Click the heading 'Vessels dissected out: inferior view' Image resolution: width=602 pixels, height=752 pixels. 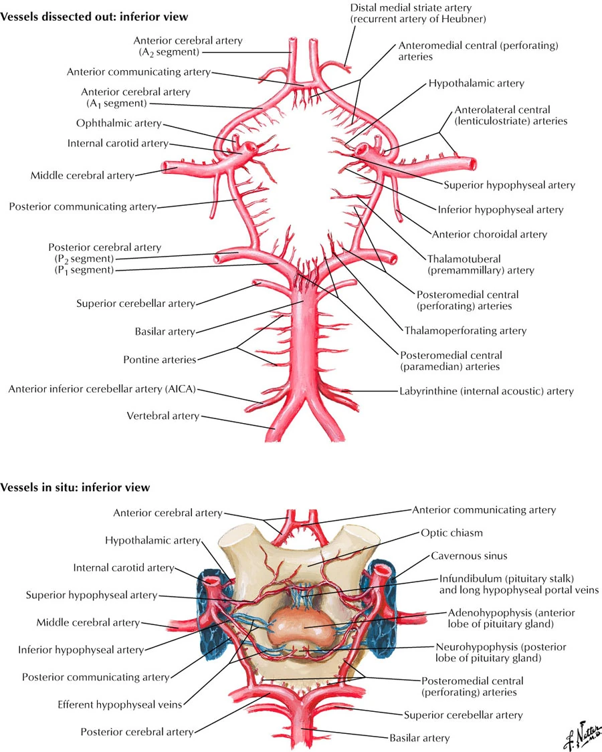[x=94, y=15]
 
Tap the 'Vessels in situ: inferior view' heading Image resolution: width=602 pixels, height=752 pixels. [x=76, y=487]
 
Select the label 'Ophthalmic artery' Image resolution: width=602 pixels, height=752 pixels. [x=118, y=123]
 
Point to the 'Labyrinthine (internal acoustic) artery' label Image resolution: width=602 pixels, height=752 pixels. [x=486, y=391]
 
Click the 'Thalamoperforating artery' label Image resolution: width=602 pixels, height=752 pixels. [x=465, y=330]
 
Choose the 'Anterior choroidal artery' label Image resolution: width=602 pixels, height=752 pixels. [x=489, y=234]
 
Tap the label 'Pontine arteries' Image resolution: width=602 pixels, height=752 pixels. [x=159, y=360]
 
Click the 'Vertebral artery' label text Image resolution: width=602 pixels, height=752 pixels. [x=163, y=416]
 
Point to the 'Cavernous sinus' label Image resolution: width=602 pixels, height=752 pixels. [x=469, y=555]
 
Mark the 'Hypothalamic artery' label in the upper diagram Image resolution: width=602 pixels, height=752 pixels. [x=476, y=84]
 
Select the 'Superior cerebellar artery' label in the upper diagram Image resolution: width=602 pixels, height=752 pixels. [x=136, y=303]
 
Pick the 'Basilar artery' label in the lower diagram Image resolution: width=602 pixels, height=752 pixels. [x=419, y=738]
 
